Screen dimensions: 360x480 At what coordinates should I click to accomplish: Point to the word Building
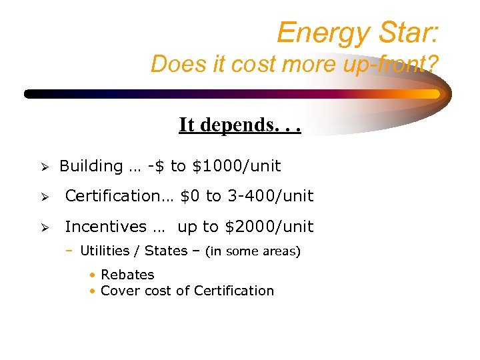[91, 166]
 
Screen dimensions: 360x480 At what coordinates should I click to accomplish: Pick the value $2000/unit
[269, 227]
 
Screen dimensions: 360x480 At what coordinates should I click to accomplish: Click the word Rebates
[127, 275]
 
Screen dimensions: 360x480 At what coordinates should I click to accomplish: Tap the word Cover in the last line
[118, 291]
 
